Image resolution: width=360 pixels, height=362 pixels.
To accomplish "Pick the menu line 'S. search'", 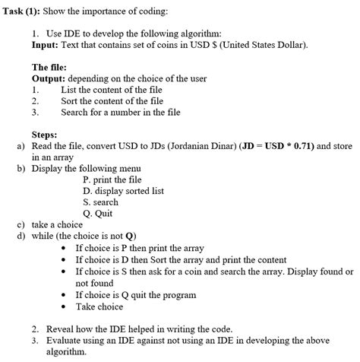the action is (x=100, y=203).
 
